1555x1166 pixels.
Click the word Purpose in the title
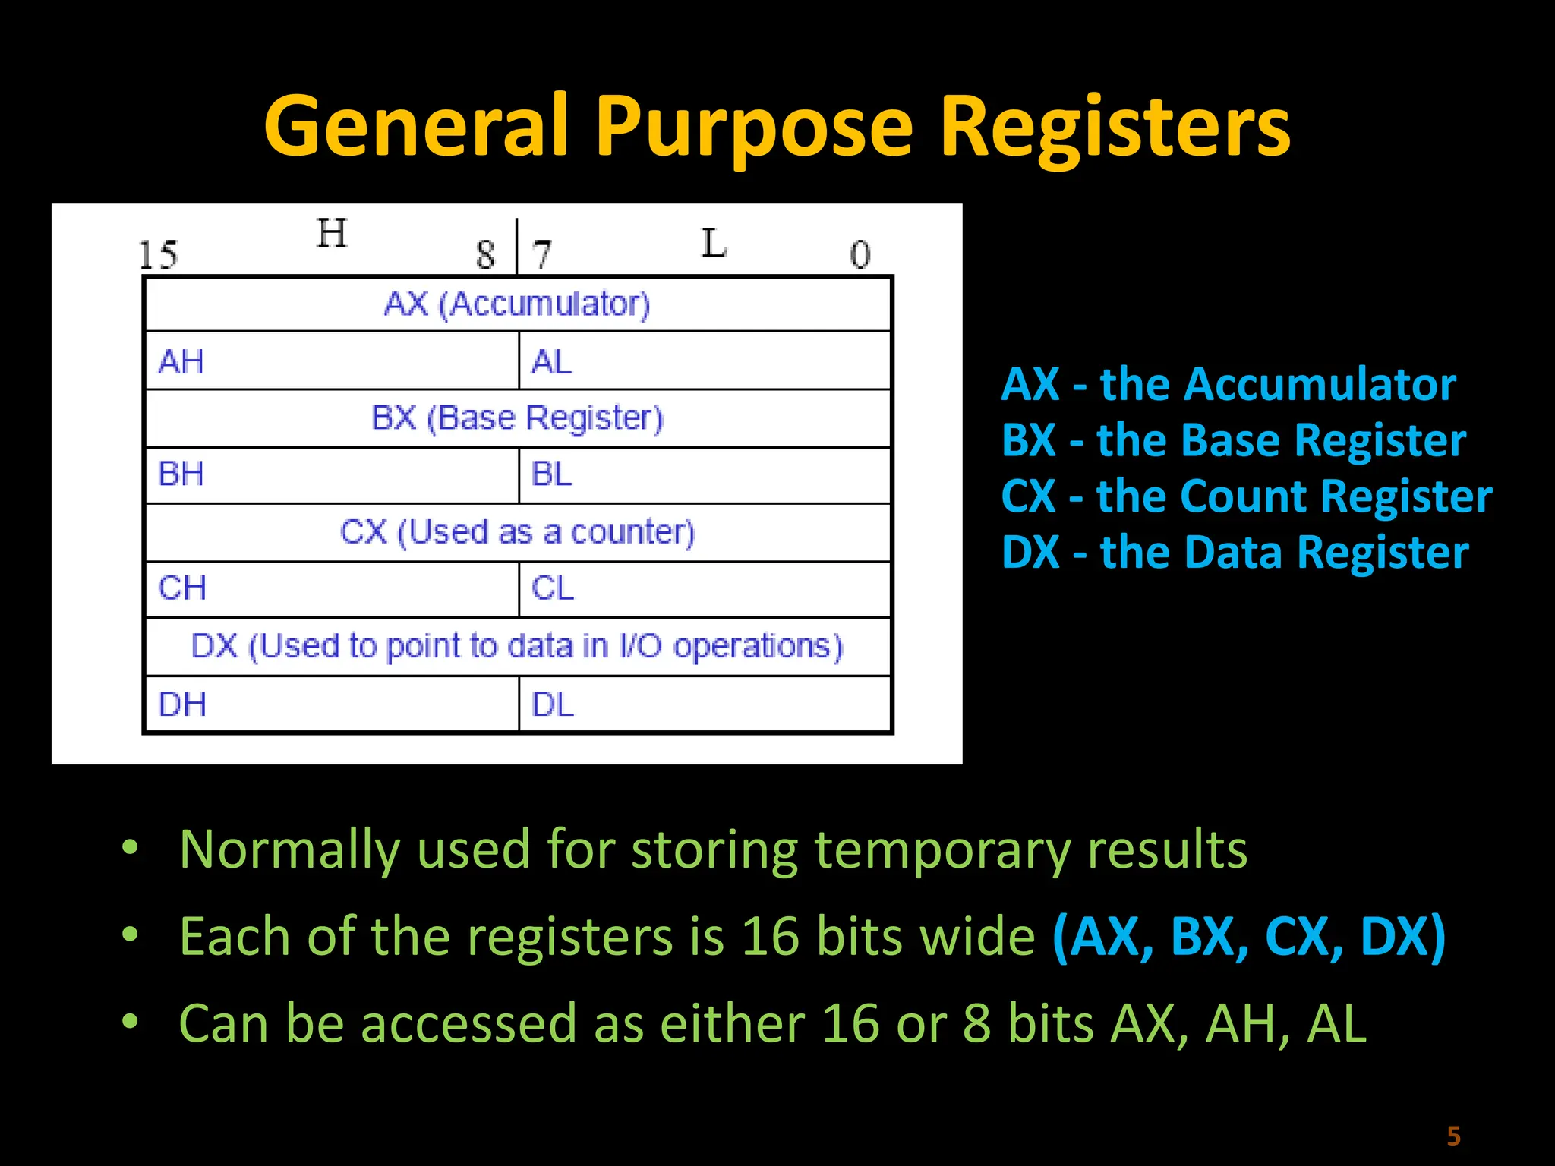point(753,128)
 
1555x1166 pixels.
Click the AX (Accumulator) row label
point(517,304)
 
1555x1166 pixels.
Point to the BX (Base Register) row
point(517,418)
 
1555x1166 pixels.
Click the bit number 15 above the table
point(158,255)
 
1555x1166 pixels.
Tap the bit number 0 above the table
point(860,255)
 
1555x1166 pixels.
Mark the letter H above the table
point(332,233)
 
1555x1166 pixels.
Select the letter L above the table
point(714,244)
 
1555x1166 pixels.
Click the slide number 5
point(1453,1136)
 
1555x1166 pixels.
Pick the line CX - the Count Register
point(1247,496)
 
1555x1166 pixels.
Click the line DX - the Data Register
point(1235,553)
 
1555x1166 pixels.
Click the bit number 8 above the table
point(485,255)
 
